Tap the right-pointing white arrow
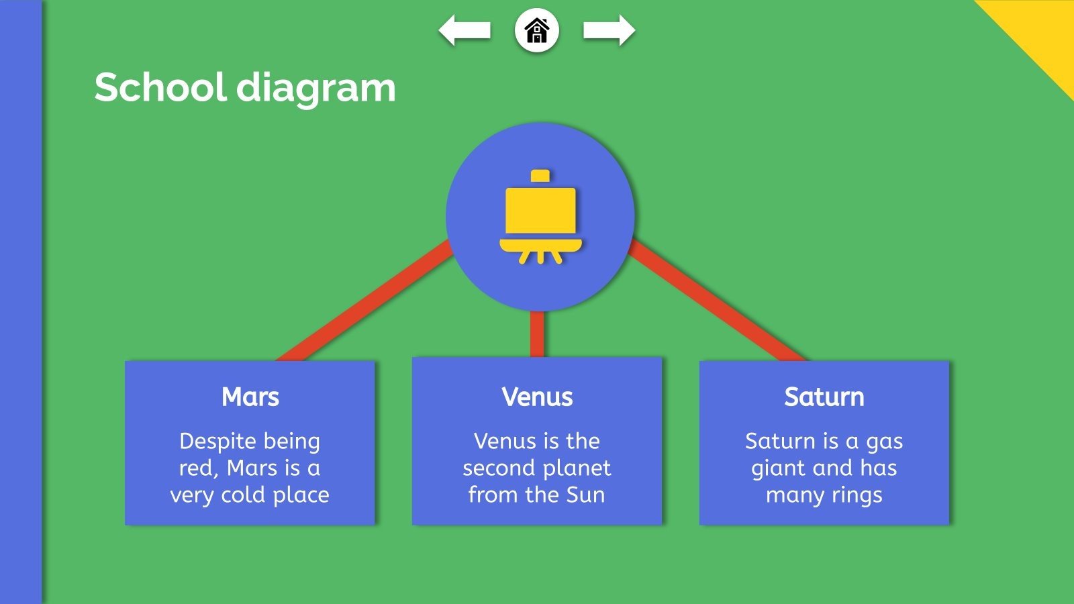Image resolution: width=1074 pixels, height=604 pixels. (x=609, y=31)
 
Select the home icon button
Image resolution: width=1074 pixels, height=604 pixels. (x=537, y=31)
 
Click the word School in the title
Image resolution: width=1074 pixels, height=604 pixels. (x=160, y=88)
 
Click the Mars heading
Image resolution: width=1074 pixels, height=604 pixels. (x=250, y=397)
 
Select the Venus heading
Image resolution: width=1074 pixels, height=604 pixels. (x=537, y=397)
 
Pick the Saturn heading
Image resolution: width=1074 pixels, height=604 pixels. (x=824, y=397)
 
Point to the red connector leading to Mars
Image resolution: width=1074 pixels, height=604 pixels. (x=362, y=302)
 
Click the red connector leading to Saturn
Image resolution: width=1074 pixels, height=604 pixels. (x=718, y=302)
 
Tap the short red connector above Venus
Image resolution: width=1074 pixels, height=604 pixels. (x=537, y=334)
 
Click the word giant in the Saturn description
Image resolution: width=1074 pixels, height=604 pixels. (x=779, y=468)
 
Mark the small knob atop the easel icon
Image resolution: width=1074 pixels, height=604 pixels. (x=540, y=176)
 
